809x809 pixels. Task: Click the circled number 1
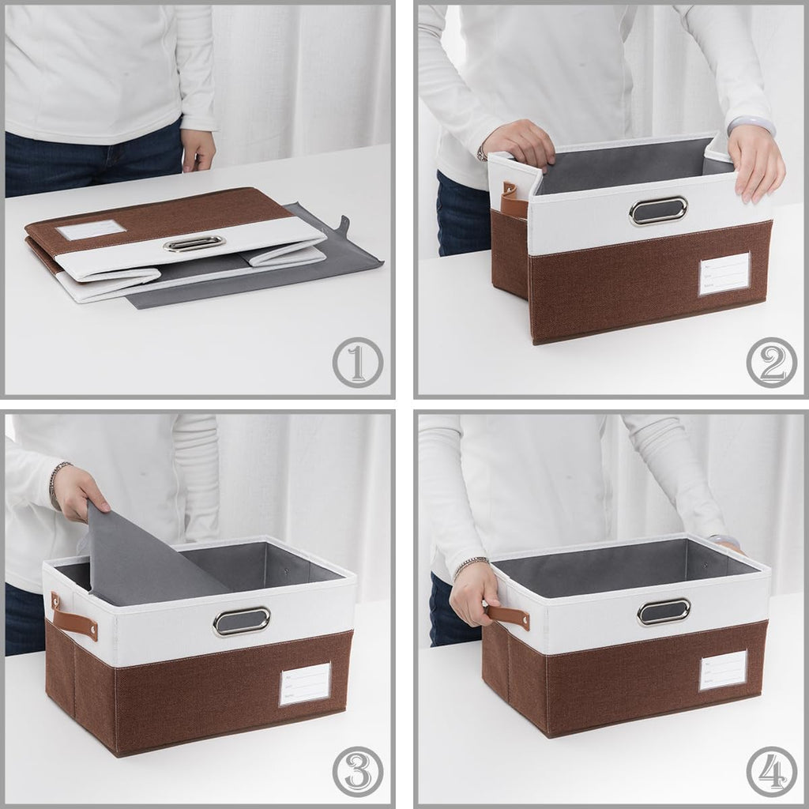click(357, 363)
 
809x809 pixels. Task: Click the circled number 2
click(771, 363)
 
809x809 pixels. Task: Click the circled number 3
click(357, 771)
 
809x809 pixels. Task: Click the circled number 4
click(771, 771)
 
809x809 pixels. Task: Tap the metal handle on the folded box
click(194, 245)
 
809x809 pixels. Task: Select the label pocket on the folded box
click(91, 230)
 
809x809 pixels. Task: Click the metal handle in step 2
click(658, 210)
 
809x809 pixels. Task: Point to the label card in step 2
click(724, 274)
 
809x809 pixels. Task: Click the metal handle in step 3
click(241, 621)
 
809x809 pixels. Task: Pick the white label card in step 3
click(304, 684)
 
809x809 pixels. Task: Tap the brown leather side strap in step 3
click(75, 617)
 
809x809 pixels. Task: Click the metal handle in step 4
click(664, 611)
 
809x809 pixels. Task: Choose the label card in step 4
click(723, 670)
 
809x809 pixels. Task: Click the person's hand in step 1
click(198, 149)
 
